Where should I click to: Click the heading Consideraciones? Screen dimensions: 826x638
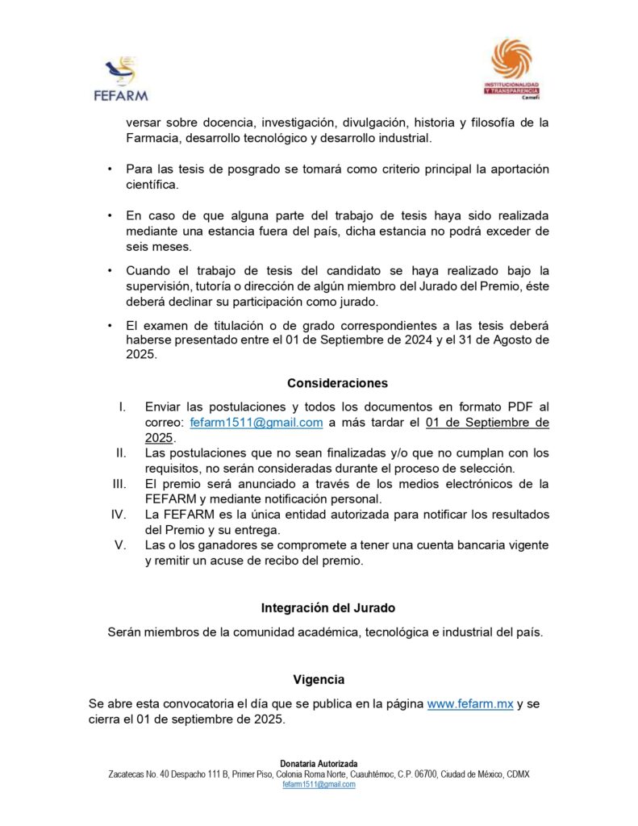pos(337,383)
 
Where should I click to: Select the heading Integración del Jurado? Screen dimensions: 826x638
pos(328,607)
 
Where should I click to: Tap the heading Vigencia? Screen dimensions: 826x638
pos(319,679)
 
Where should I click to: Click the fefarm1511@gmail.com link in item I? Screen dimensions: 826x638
pos(256,423)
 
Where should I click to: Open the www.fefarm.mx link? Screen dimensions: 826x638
pos(469,704)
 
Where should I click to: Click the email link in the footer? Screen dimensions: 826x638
pos(319,784)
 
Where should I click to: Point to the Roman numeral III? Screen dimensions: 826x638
pos(120,484)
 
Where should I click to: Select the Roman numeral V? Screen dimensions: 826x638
pos(121,545)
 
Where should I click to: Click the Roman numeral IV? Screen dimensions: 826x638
pos(119,515)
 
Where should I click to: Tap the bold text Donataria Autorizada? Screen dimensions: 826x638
pos(319,763)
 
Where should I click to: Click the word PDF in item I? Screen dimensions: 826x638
pos(523,407)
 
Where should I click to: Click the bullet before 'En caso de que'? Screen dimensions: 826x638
pos(109,216)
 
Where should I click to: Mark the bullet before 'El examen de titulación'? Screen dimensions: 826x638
pos(109,326)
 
